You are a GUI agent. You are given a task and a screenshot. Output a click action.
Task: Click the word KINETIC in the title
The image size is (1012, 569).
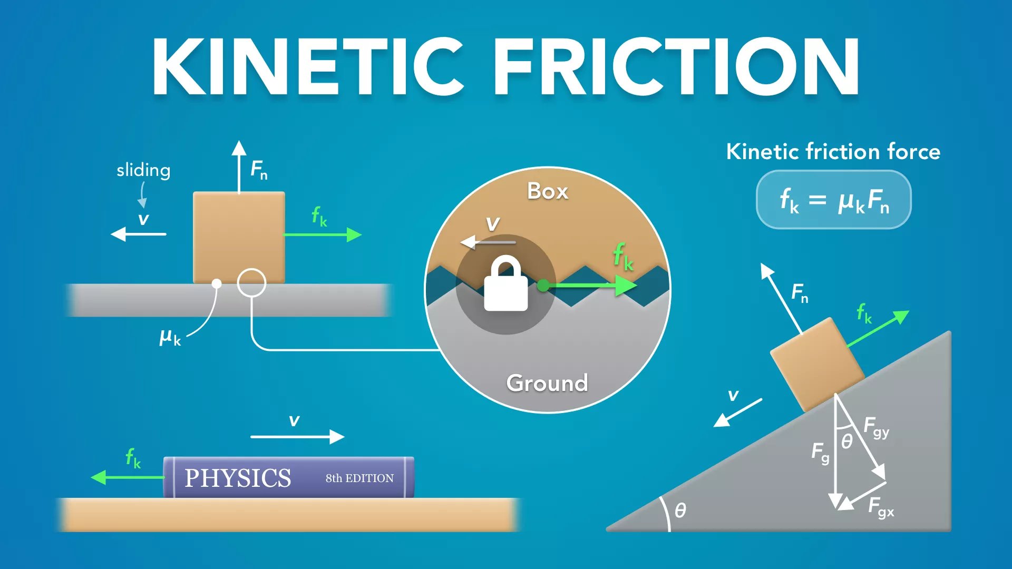tap(308, 66)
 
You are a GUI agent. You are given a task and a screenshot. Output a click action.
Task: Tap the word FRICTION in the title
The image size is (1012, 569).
tap(676, 66)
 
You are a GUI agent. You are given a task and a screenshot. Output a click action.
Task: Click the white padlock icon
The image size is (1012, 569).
tap(506, 283)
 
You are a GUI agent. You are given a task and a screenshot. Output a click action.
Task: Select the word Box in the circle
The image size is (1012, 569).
tap(548, 191)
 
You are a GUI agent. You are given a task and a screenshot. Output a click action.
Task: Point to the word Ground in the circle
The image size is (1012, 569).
tap(547, 383)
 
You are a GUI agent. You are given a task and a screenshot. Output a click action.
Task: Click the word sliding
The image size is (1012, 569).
tap(143, 171)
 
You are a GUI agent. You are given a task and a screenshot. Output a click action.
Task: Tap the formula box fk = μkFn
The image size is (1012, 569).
tap(834, 200)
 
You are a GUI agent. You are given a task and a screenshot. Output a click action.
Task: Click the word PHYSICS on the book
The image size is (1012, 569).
tap(238, 478)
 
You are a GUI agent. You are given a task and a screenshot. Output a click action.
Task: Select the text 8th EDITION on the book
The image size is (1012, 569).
tap(359, 478)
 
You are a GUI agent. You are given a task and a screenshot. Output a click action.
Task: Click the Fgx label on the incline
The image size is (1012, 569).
tap(881, 507)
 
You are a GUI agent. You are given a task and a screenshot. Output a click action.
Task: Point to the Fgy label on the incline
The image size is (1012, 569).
tap(877, 427)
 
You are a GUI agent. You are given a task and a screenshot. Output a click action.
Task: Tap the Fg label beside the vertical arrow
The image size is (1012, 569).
tap(820, 453)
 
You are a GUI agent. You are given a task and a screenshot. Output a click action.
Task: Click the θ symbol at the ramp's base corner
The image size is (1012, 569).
tap(680, 510)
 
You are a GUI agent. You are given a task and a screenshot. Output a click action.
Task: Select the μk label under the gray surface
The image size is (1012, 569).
tap(170, 337)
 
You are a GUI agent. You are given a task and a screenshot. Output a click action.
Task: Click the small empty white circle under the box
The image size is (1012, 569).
tap(251, 283)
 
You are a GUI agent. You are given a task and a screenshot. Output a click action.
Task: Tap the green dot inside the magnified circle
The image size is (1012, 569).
tap(543, 286)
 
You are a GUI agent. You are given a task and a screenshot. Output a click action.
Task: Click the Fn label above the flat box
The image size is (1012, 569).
tap(259, 170)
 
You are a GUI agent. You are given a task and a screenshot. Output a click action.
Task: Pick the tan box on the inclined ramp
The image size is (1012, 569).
tap(817, 365)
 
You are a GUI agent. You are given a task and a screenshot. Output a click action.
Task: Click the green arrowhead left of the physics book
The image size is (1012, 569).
tap(99, 477)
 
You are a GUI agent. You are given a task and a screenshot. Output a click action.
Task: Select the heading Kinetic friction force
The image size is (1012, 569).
tap(833, 152)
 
